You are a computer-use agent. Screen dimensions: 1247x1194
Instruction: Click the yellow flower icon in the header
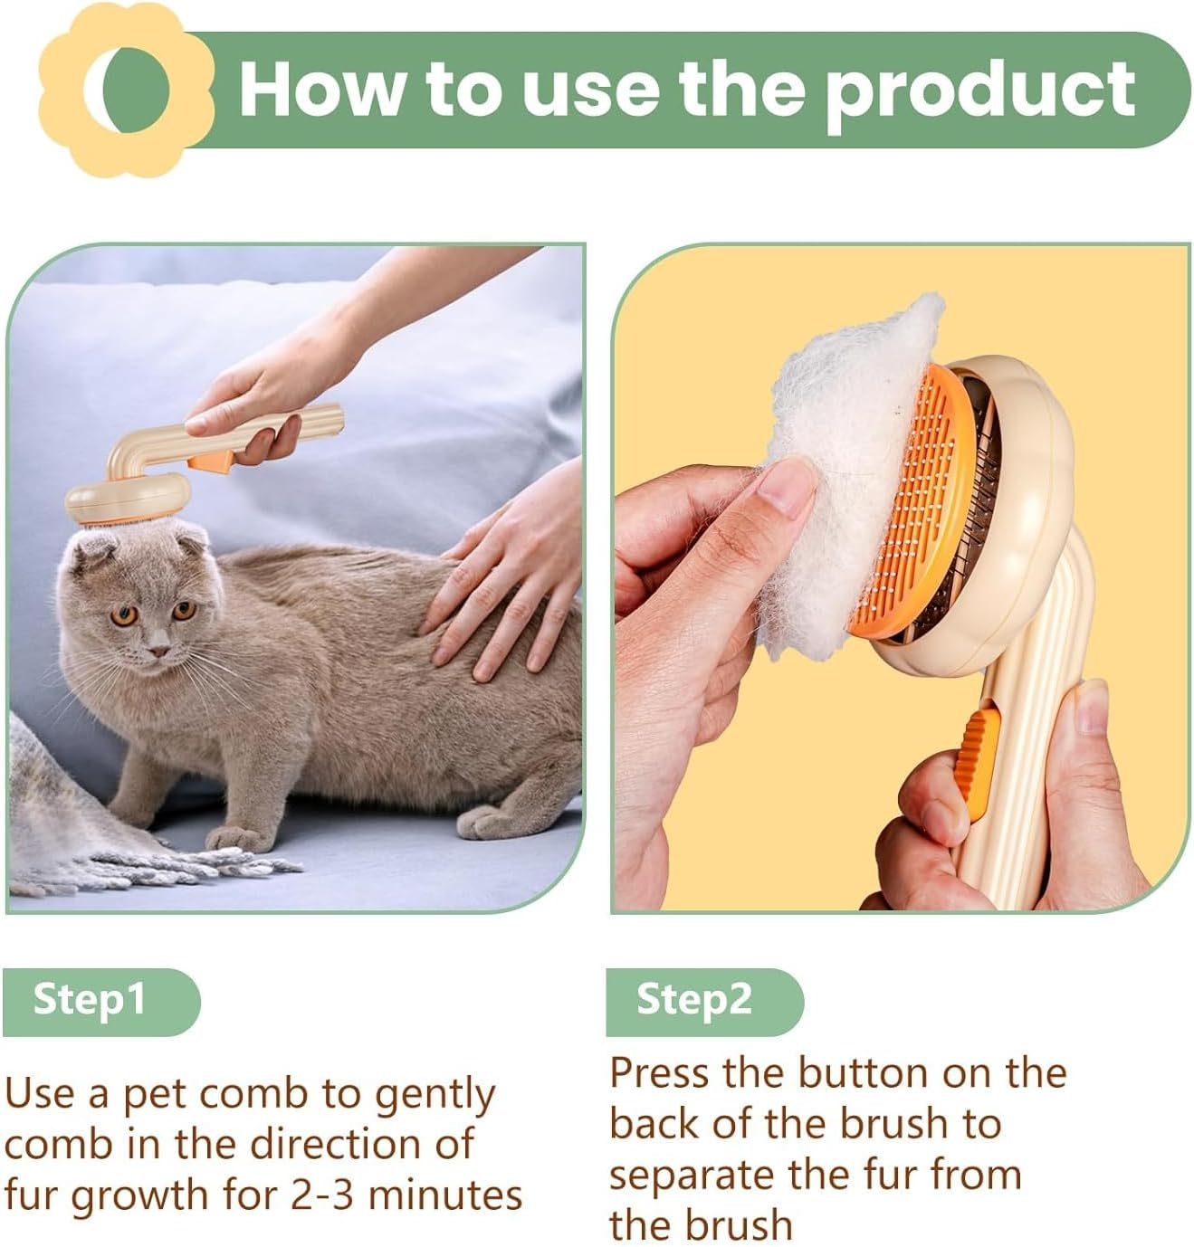click(127, 88)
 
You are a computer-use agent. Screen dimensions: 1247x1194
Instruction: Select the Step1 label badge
click(100, 1000)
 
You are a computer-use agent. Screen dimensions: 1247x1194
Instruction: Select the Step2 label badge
click(702, 1000)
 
